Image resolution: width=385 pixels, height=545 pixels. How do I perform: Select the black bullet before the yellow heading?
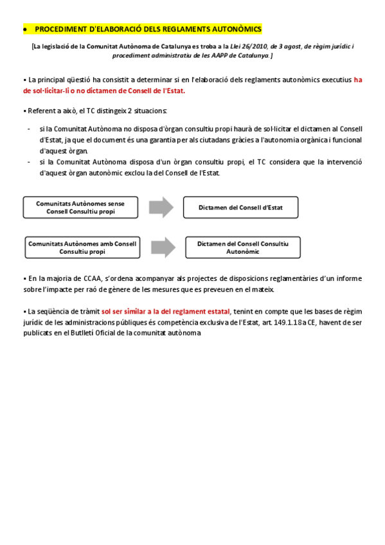(24, 30)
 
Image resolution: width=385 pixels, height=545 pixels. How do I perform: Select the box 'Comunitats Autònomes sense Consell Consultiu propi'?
(80, 207)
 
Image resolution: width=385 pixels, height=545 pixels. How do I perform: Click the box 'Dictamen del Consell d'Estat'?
(240, 208)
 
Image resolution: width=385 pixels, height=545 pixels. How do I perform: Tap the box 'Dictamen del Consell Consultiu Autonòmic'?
(242, 247)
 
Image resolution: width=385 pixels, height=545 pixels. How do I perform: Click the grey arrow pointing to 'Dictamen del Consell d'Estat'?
(161, 207)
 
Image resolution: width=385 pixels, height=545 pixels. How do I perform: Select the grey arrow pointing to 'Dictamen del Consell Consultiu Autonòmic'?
(163, 247)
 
